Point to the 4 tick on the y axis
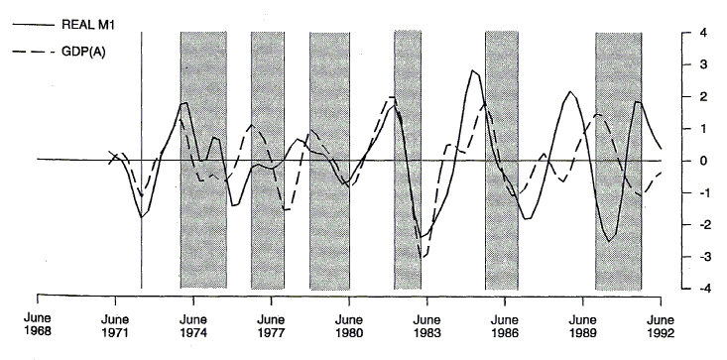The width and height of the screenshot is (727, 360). pyautogui.click(x=701, y=34)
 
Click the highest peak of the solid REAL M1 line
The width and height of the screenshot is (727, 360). pyautogui.click(x=473, y=70)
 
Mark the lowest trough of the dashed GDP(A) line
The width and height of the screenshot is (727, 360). pyautogui.click(x=424, y=257)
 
